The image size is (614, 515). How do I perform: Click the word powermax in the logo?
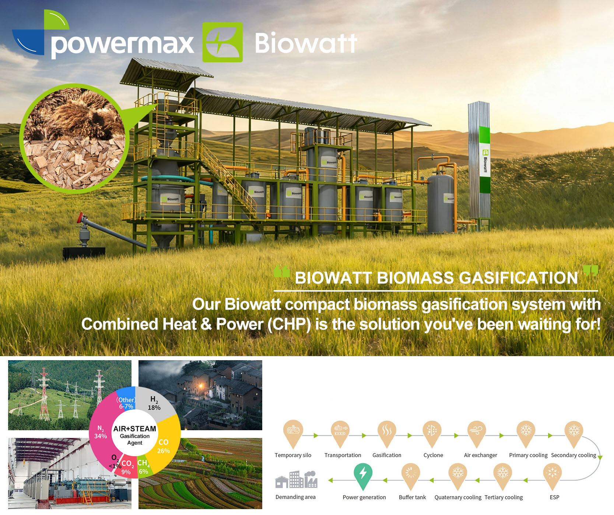(x=122, y=45)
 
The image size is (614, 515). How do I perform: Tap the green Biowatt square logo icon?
(x=222, y=42)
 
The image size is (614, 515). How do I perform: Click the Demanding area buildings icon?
(x=296, y=479)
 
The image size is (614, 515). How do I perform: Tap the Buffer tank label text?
(x=412, y=497)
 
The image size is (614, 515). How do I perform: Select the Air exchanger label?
(x=480, y=455)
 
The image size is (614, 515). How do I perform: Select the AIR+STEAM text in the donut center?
(x=135, y=429)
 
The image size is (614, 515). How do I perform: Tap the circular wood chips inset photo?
(x=74, y=139)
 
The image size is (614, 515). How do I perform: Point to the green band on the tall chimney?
(x=485, y=159)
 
